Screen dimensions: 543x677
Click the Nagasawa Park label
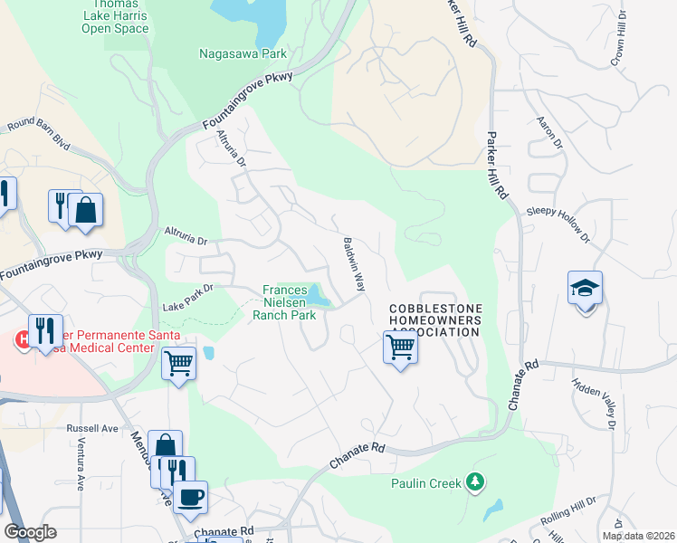(243, 53)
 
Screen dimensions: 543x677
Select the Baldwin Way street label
(353, 264)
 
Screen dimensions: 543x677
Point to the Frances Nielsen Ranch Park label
(289, 303)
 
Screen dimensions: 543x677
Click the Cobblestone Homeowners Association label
(435, 320)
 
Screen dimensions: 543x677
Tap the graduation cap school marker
(585, 290)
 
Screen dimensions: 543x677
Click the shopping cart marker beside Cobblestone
(400, 347)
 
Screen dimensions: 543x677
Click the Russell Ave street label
(93, 428)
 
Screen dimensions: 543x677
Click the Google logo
(31, 532)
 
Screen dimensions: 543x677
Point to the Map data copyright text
(638, 536)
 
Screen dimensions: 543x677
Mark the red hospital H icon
(21, 340)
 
